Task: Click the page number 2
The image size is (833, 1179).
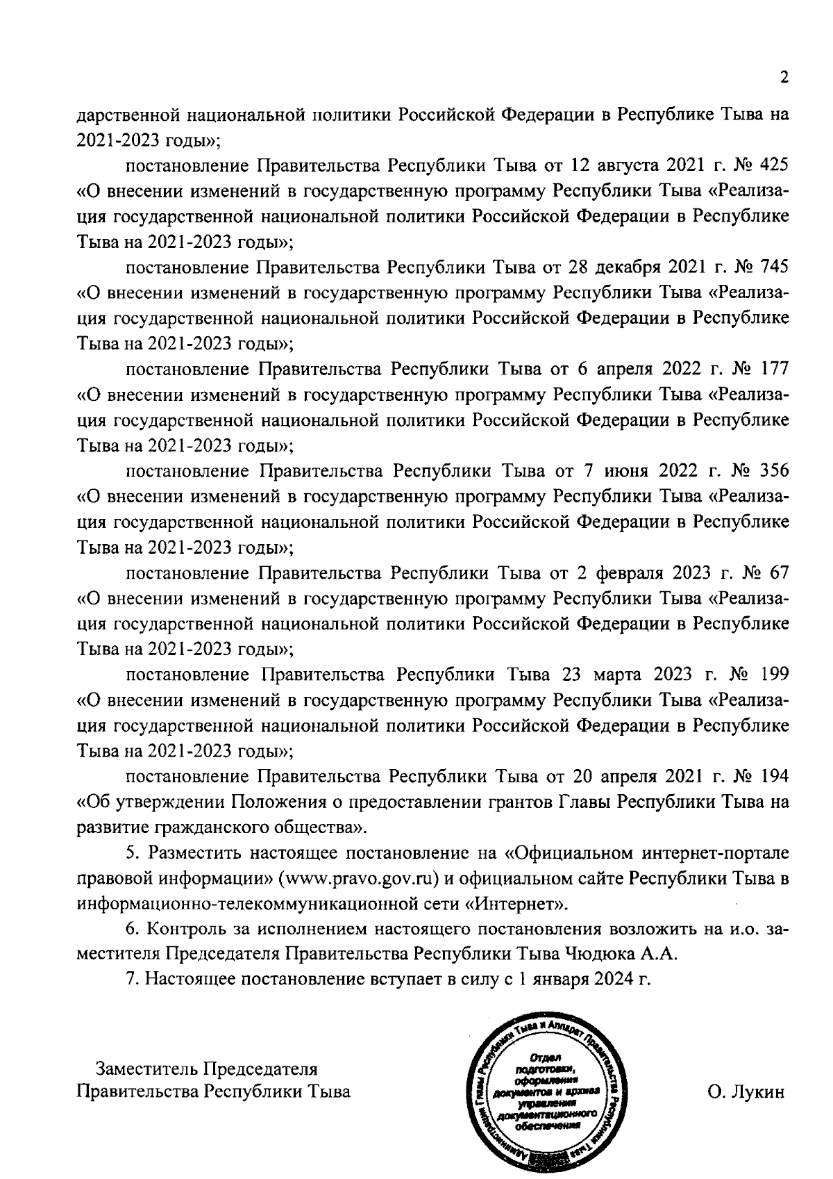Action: click(x=784, y=78)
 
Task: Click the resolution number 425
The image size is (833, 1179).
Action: click(x=775, y=165)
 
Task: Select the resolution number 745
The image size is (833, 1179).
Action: click(x=775, y=267)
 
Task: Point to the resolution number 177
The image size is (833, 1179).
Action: click(x=775, y=369)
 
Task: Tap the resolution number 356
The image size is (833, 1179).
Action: click(x=775, y=470)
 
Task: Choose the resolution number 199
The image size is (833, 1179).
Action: click(x=775, y=674)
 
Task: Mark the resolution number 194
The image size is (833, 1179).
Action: click(x=775, y=775)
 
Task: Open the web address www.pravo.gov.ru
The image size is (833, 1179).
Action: click(x=360, y=878)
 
